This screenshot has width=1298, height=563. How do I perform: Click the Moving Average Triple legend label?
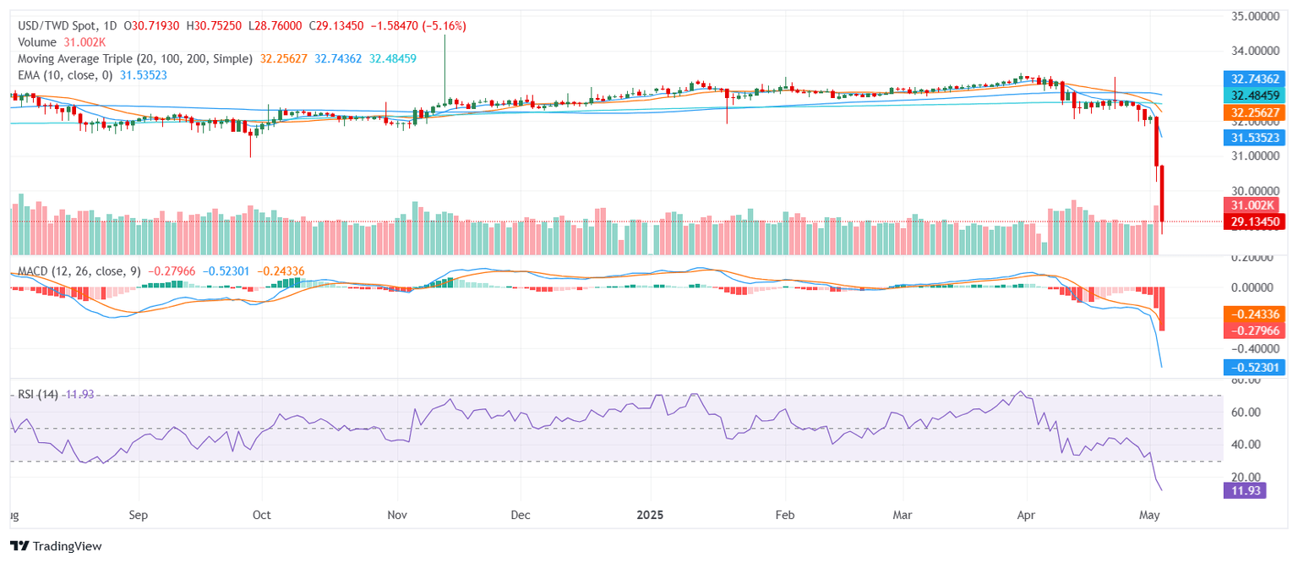(x=135, y=58)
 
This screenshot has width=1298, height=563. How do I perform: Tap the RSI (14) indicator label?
(x=39, y=395)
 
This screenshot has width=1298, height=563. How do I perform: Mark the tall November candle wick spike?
(x=444, y=59)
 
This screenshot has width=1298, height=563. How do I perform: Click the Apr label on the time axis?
(x=1027, y=514)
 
